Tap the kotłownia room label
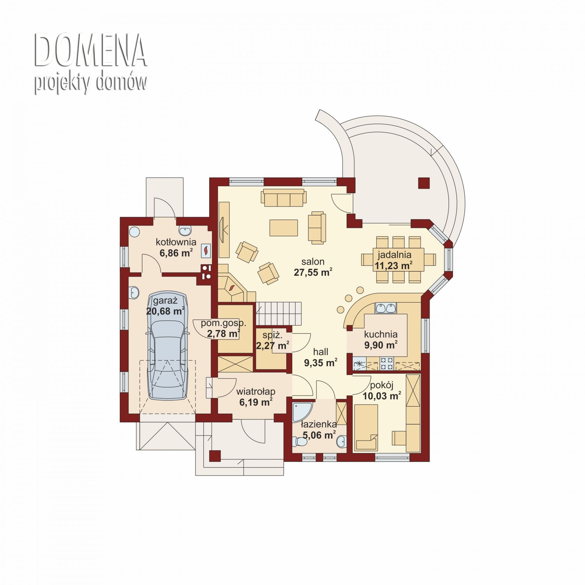pyautogui.click(x=176, y=242)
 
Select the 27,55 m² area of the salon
pyautogui.click(x=313, y=272)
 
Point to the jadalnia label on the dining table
pyautogui.click(x=395, y=255)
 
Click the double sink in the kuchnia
pyautogui.click(x=385, y=308)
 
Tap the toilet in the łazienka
pyautogui.click(x=299, y=442)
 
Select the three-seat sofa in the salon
pyautogui.click(x=284, y=198)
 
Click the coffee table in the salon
pyautogui.click(x=284, y=228)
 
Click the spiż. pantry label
pyautogui.click(x=272, y=336)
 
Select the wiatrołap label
pyautogui.click(x=256, y=392)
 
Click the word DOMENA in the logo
pyautogui.click(x=91, y=51)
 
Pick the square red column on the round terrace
pyautogui.click(x=424, y=183)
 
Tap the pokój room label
pyautogui.click(x=382, y=385)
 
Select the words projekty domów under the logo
pyautogui.click(x=91, y=84)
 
